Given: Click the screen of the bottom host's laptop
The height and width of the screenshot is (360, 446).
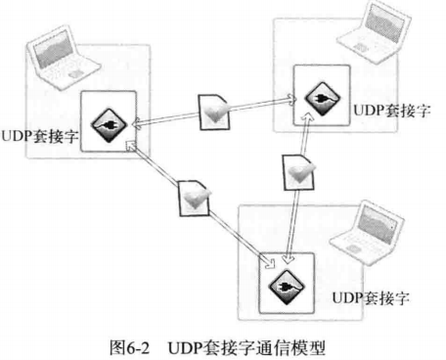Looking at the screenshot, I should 370,220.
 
